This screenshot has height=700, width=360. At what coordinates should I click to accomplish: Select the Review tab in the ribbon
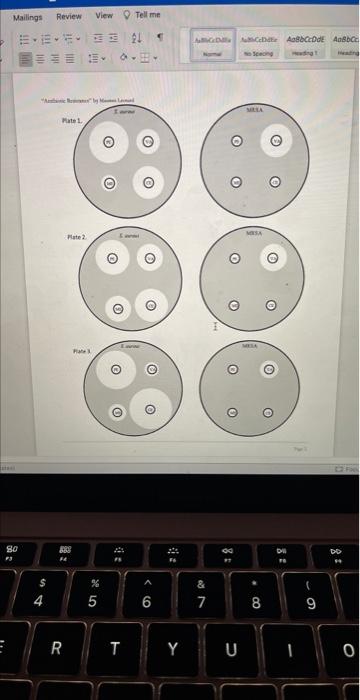(x=69, y=16)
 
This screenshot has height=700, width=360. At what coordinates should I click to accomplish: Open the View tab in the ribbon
(x=105, y=16)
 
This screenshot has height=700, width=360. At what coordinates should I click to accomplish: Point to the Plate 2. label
(x=77, y=237)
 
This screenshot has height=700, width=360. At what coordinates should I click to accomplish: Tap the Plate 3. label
(x=79, y=353)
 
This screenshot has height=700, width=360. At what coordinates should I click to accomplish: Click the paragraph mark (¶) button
(x=158, y=40)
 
